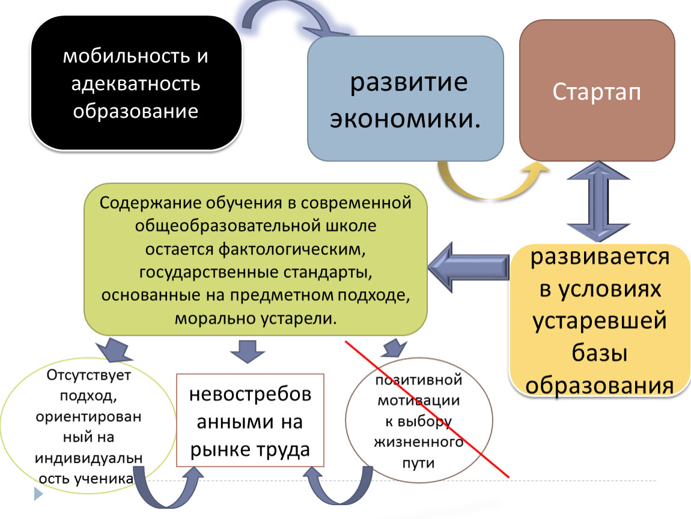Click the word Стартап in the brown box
596,92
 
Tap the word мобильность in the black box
126,56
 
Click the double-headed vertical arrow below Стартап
598,201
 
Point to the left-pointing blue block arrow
469,267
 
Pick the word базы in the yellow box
599,353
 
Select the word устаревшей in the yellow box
599,321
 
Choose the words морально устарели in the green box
255,318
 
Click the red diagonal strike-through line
427,409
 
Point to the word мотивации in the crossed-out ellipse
419,401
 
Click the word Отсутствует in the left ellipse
88,375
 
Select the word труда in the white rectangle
281,450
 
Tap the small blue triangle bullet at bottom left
38,494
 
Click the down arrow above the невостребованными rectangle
247,351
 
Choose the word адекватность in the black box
136,83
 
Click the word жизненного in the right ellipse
419,442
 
